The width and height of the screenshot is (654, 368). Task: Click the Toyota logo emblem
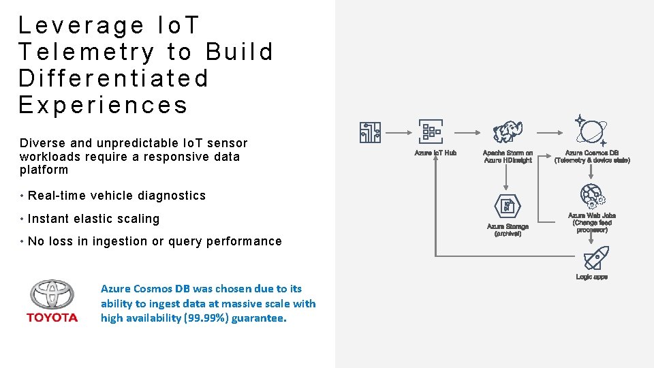pyautogui.click(x=52, y=295)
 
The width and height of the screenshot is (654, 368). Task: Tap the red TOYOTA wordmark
pyautogui.click(x=52, y=318)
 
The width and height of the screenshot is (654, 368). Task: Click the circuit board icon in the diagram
pyautogui.click(x=371, y=132)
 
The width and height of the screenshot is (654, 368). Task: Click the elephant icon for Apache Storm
pyautogui.click(x=508, y=132)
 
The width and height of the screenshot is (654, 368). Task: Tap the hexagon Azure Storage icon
pyautogui.click(x=508, y=206)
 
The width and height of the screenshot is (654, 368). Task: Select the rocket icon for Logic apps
pyautogui.click(x=596, y=258)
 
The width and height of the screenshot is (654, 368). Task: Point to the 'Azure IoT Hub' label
pyautogui.click(x=435, y=153)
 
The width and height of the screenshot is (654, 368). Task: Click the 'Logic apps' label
pyautogui.click(x=591, y=277)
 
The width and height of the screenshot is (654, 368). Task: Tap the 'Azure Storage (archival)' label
pyautogui.click(x=508, y=230)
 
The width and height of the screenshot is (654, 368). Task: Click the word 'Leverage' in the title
pyautogui.click(x=81, y=25)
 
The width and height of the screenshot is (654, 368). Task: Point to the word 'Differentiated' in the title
pyautogui.click(x=114, y=78)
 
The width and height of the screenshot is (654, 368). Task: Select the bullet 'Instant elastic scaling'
pyautogui.click(x=93, y=219)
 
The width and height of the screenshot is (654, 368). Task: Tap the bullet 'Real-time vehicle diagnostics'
pyautogui.click(x=116, y=196)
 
